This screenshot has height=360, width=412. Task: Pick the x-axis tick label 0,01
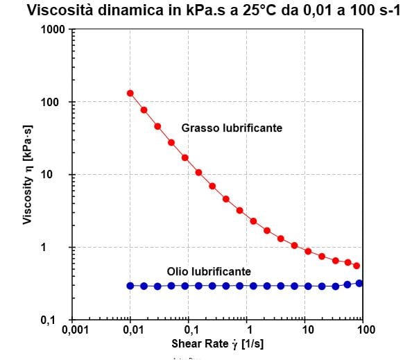tap(130, 330)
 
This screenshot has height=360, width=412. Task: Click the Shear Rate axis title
tap(218, 345)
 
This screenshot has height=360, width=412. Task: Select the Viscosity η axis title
tap(28, 175)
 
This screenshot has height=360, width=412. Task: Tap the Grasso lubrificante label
tap(232, 128)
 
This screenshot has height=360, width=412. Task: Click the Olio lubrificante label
tap(209, 271)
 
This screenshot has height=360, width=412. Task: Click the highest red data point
tap(130, 93)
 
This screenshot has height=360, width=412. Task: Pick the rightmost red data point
tap(357, 266)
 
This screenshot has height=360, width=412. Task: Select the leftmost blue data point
tap(130, 286)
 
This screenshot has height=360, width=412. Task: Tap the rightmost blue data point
tap(359, 283)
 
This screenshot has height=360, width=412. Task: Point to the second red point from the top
tap(144, 110)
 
